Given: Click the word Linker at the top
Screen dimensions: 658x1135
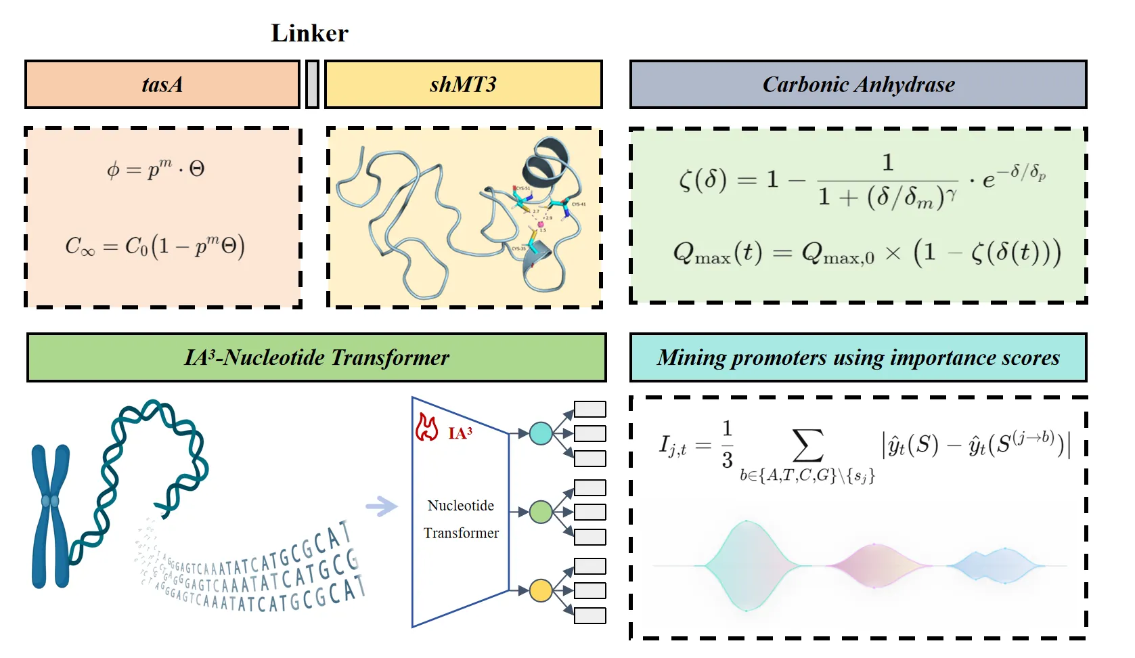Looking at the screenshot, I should [309, 33].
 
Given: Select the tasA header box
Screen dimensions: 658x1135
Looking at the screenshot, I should [162, 85].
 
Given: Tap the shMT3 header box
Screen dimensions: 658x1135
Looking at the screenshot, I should [463, 85].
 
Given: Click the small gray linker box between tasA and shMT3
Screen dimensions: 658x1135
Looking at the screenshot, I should [312, 85].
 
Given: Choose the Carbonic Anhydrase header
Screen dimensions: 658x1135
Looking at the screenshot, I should [858, 85].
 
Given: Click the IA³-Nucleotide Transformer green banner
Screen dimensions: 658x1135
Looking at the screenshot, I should [316, 357].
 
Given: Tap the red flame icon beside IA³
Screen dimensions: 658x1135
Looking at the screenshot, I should [427, 428].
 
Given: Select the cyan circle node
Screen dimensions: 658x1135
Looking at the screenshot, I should [541, 433].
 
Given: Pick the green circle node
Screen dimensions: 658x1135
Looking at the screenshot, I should [541, 512].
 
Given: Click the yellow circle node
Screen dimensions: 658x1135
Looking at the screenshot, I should [541, 590].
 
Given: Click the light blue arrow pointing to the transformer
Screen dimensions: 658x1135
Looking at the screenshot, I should [382, 506].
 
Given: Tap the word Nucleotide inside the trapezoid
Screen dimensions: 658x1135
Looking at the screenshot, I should [460, 506].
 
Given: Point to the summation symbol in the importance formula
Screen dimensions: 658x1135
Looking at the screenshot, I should [807, 445].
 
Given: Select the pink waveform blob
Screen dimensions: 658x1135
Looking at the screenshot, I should [874, 565].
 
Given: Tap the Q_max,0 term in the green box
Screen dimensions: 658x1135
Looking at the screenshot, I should [838, 254].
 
